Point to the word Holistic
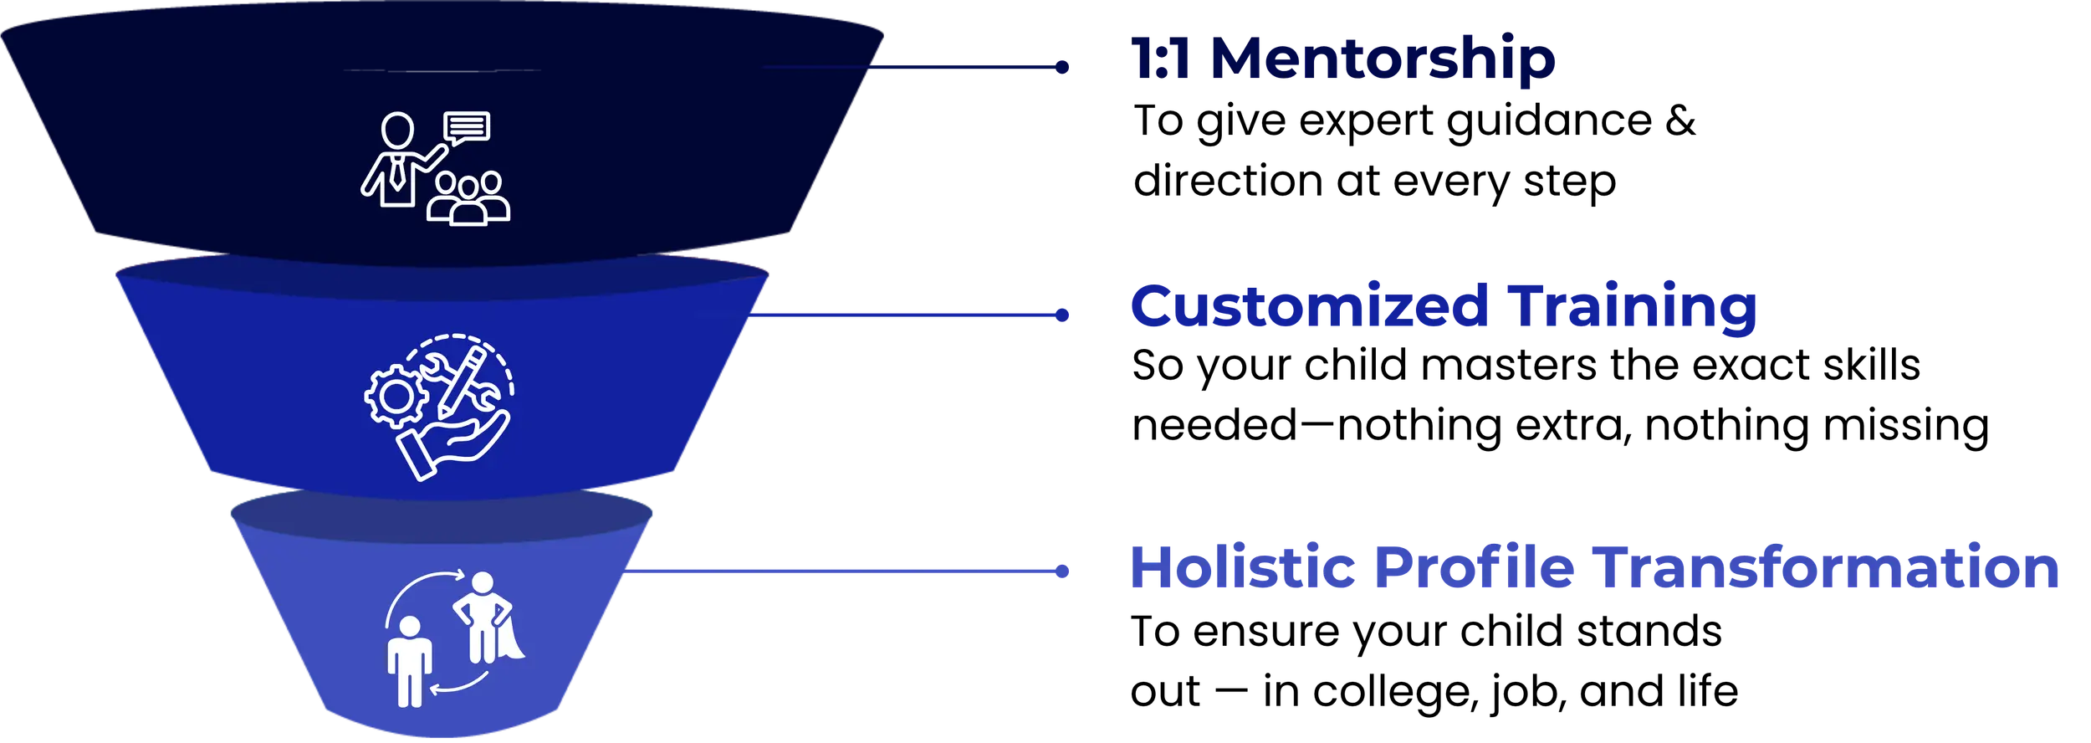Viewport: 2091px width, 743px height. (1241, 566)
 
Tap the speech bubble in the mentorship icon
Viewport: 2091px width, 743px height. (467, 128)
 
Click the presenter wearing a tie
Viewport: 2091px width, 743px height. (397, 159)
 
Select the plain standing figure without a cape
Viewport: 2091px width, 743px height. (410, 660)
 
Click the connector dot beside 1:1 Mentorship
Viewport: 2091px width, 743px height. (1062, 66)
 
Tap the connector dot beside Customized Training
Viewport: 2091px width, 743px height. (1062, 315)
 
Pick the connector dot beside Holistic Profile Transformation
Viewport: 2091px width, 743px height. (1062, 572)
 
